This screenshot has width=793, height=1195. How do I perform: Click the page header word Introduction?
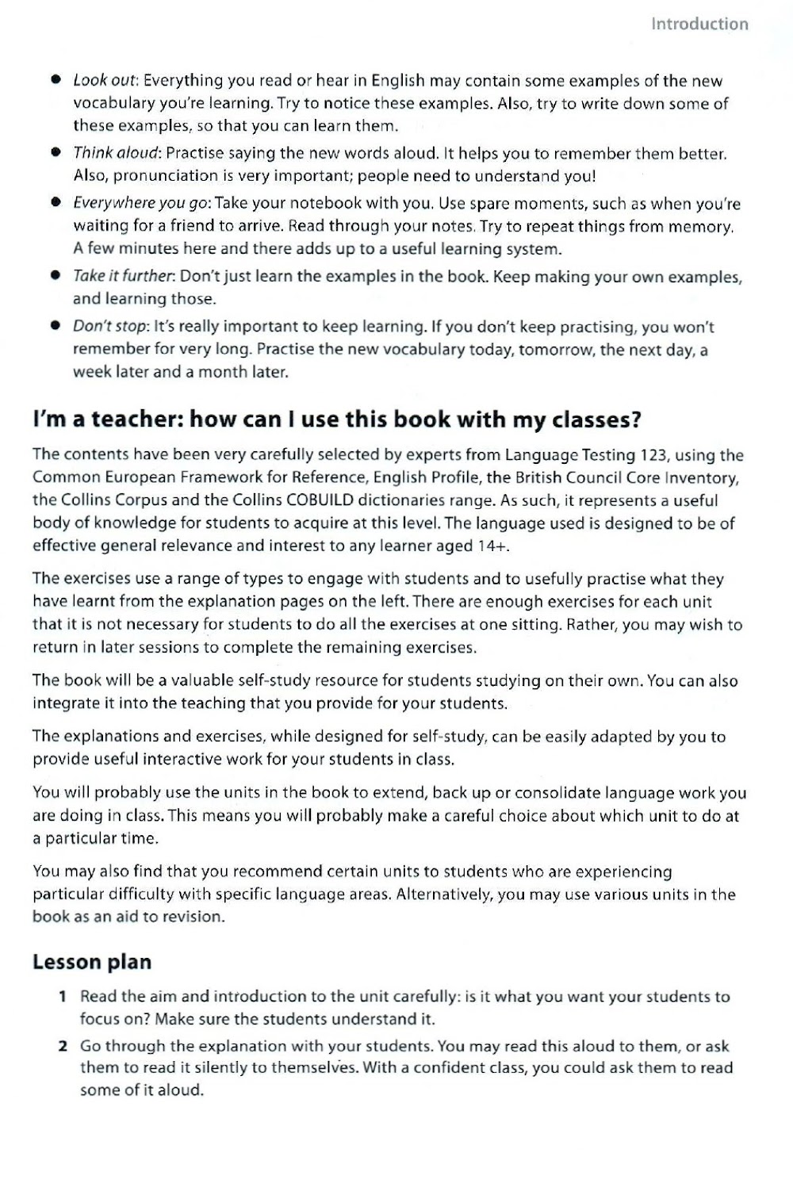(699, 24)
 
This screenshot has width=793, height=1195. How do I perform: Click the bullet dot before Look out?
(56, 81)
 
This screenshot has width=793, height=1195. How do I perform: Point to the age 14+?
(494, 546)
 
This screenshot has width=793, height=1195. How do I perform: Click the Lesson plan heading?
(92, 962)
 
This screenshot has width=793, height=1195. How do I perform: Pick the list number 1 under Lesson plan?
(63, 997)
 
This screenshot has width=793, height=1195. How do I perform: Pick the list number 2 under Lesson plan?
(63, 1047)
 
